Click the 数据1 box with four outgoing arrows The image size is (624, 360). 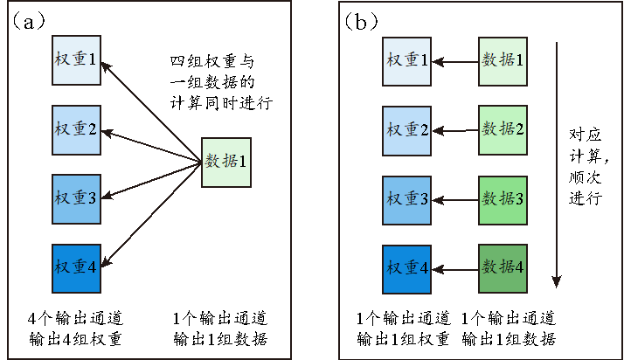(226, 163)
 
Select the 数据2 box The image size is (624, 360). (503, 129)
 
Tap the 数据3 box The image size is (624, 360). (503, 199)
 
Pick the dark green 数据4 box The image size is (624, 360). (503, 269)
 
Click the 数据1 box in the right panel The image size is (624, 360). (503, 61)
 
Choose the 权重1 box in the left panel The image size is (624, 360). (76, 61)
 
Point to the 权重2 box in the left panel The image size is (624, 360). (76, 129)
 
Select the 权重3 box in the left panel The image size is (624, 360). (76, 199)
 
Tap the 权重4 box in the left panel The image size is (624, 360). (76, 269)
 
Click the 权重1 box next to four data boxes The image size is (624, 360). (407, 61)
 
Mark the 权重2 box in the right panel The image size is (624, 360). (407, 129)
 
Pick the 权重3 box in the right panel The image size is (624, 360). (407, 199)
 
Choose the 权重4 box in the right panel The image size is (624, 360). (407, 269)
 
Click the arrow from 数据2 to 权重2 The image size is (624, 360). (455, 130)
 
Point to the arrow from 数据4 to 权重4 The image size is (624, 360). (455, 269)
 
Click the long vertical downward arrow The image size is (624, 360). (557, 166)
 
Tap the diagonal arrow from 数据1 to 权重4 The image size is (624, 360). (153, 215)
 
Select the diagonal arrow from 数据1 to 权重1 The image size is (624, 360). (153, 112)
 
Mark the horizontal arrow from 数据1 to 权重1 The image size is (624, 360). (455, 62)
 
